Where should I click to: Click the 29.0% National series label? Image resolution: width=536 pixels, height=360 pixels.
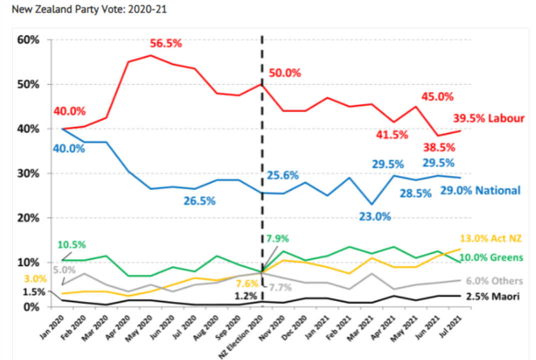coord(480,190)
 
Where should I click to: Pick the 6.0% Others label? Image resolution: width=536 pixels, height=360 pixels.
coord(494,281)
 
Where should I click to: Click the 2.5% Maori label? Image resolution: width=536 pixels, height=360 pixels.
coord(493,296)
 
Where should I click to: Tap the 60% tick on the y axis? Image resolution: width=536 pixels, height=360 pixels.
coord(29,39)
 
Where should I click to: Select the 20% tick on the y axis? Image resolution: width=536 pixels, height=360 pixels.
coord(29,218)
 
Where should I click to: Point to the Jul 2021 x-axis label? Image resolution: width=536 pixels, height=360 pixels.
coord(452,329)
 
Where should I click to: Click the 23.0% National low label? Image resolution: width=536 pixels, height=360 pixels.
coord(375,217)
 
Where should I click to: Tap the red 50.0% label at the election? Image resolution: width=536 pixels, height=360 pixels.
coord(285,73)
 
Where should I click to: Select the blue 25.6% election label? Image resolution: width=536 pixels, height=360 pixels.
coord(282,175)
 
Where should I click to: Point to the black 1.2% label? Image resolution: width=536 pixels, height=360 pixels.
coord(246,296)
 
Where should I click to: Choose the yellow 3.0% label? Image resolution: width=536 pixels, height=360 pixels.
coord(35,278)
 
